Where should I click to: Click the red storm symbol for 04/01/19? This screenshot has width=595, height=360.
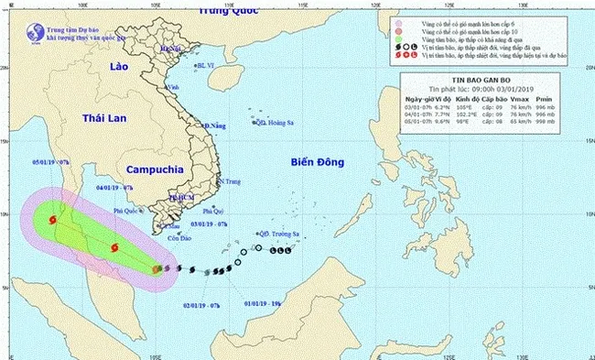click(114, 246)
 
